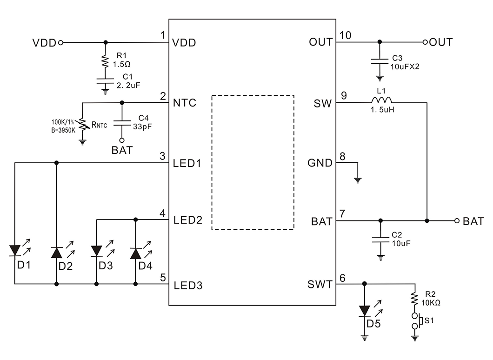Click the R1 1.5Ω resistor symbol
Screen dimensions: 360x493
point(106,60)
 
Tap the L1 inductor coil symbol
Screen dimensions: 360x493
point(381,100)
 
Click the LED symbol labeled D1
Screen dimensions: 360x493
point(15,252)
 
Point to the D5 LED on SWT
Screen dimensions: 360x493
point(365,310)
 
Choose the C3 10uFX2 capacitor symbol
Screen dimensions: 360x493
point(380,60)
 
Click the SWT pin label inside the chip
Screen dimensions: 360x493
point(320,284)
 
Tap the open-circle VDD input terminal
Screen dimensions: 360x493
point(60,42)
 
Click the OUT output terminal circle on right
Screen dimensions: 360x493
point(425,42)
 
